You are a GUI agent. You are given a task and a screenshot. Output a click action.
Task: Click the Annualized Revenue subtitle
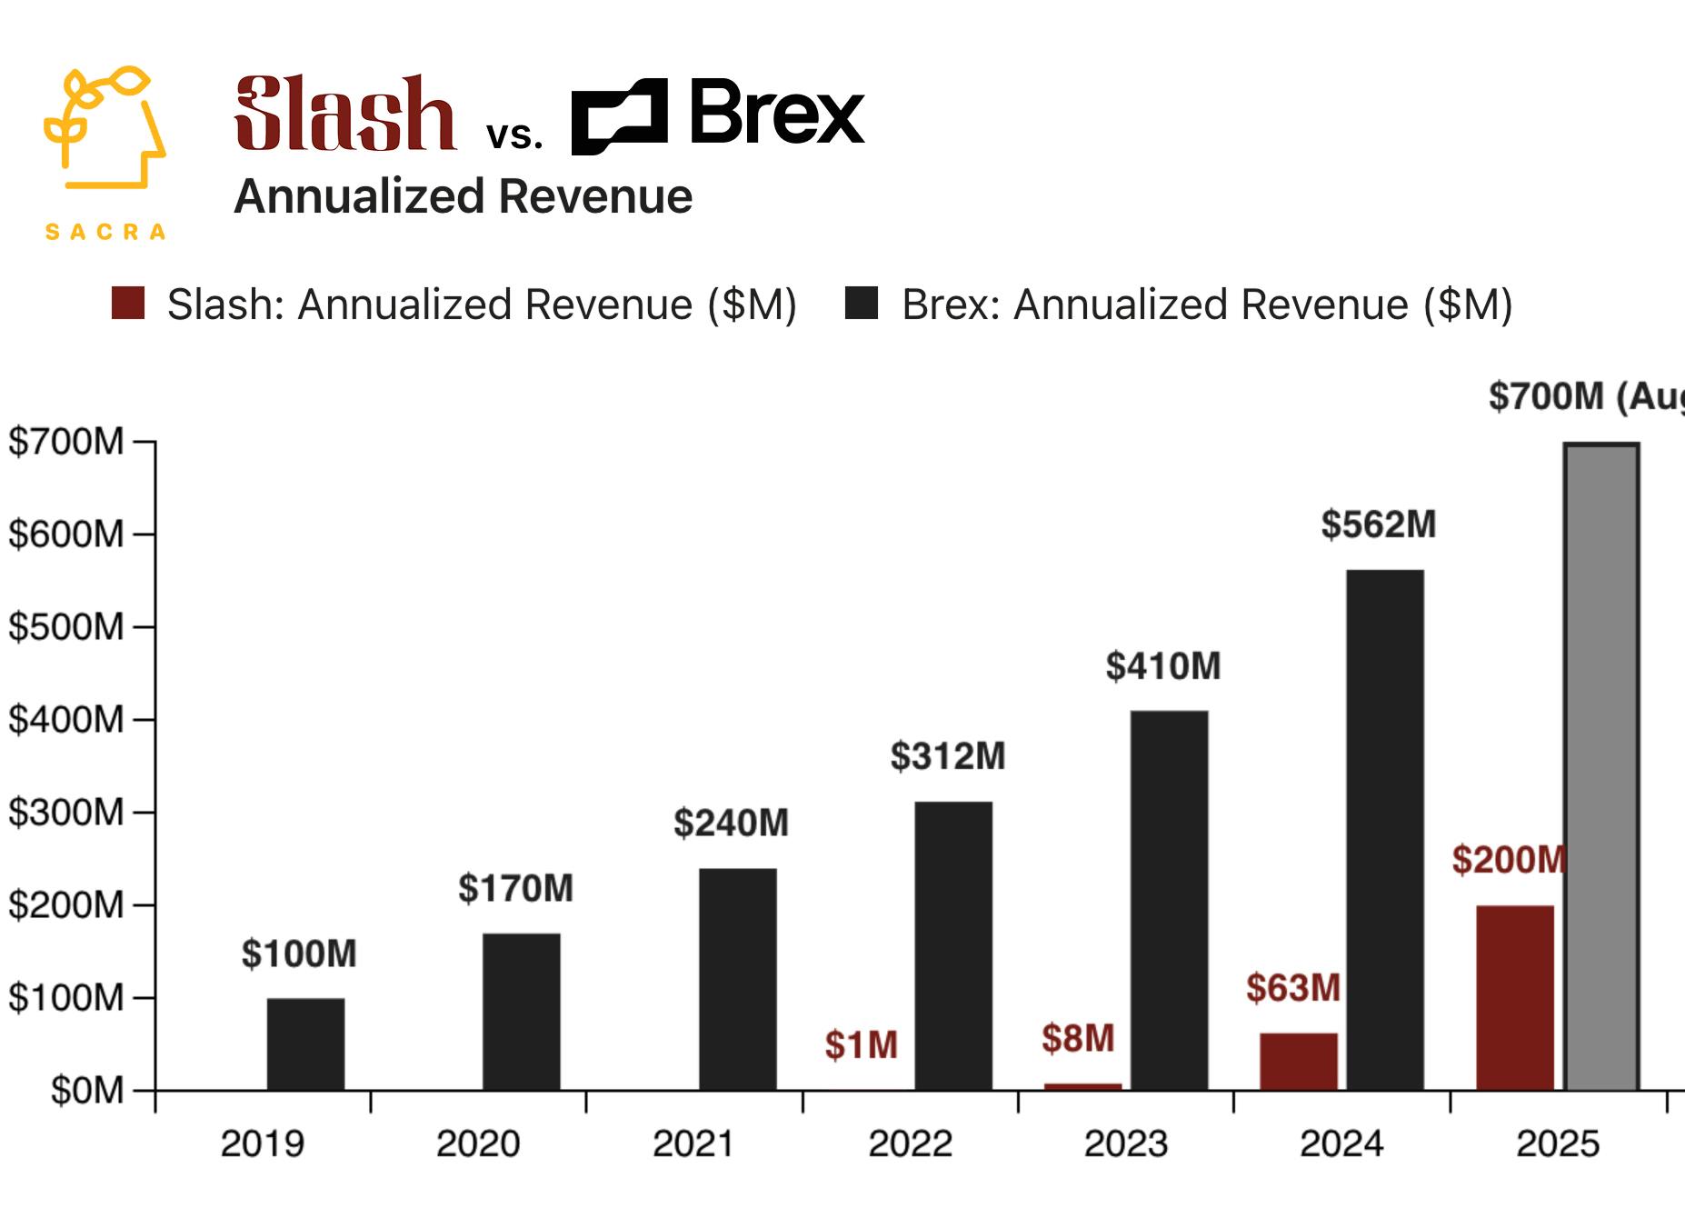click(464, 196)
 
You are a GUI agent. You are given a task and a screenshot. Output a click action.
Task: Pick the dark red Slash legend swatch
click(128, 304)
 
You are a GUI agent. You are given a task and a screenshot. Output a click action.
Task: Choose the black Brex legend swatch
click(862, 304)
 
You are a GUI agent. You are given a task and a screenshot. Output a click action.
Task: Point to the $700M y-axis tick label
click(66, 442)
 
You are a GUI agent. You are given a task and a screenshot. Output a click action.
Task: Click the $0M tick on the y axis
click(87, 1090)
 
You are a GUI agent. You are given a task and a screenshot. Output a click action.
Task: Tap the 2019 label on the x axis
click(263, 1143)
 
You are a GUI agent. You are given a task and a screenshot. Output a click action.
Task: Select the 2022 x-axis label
click(910, 1143)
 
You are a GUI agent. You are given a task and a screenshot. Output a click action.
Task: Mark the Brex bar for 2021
click(738, 979)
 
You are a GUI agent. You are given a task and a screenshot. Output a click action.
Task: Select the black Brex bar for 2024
click(1385, 829)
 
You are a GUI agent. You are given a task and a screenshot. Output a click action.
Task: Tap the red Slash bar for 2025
click(1515, 997)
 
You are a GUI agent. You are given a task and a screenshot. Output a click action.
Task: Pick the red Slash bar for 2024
click(1299, 1061)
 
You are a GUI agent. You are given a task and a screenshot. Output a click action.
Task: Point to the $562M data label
click(1379, 524)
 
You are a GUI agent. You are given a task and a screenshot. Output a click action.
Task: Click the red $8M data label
click(1078, 1038)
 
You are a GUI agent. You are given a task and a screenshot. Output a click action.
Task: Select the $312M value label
click(948, 756)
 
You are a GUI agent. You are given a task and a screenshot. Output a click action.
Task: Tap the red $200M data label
click(1509, 860)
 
